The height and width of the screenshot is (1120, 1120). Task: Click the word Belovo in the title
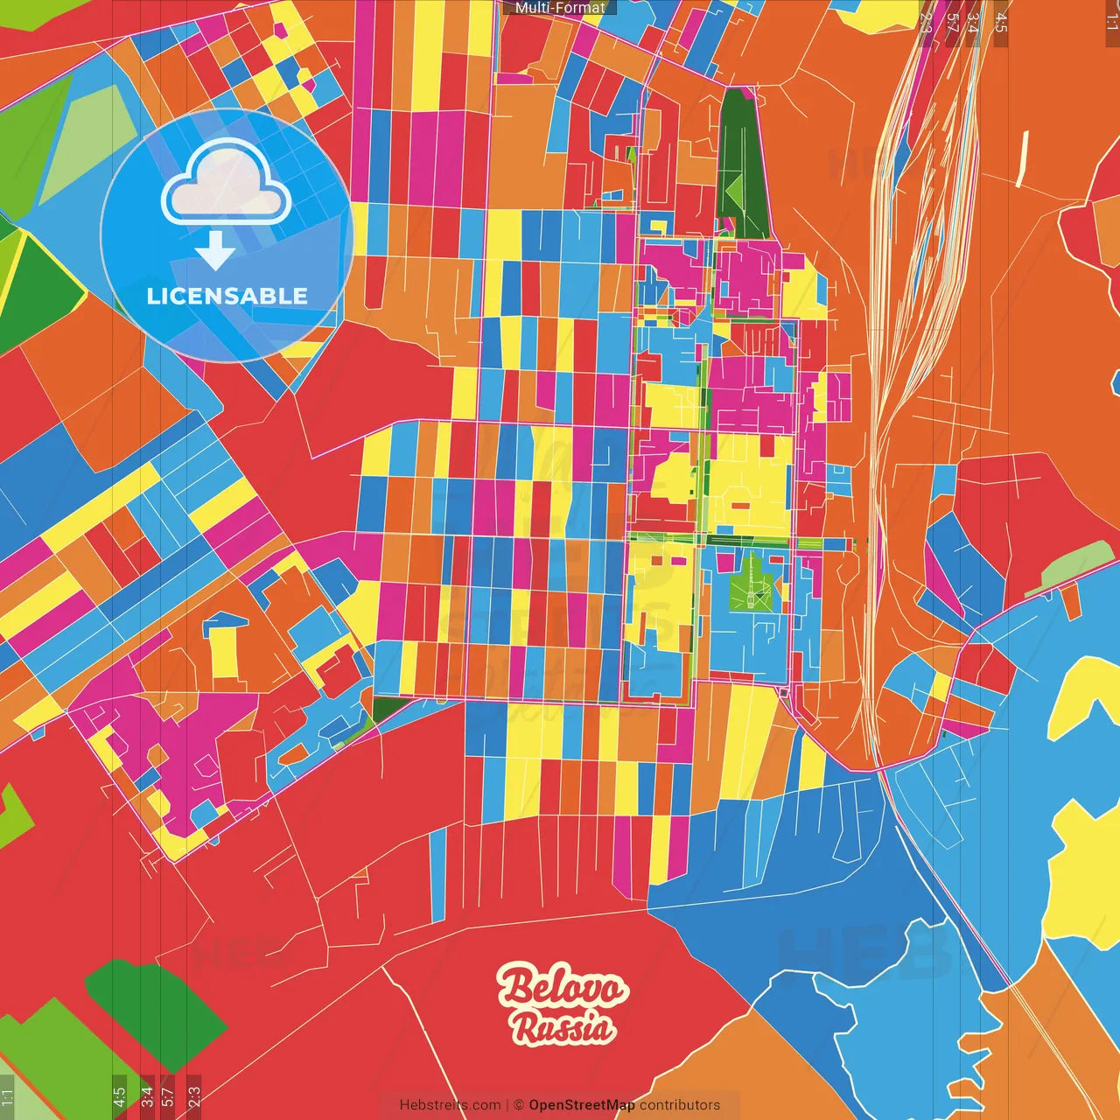point(563,988)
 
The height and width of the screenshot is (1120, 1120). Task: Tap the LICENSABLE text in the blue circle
point(227,296)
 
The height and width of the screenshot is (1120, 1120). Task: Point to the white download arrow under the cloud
point(215,250)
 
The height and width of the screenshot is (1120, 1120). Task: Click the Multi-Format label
point(560,8)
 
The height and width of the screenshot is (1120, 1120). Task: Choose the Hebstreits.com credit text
point(450,1105)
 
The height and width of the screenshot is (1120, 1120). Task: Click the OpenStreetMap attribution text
point(581,1105)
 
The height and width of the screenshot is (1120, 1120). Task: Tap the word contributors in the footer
point(680,1105)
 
